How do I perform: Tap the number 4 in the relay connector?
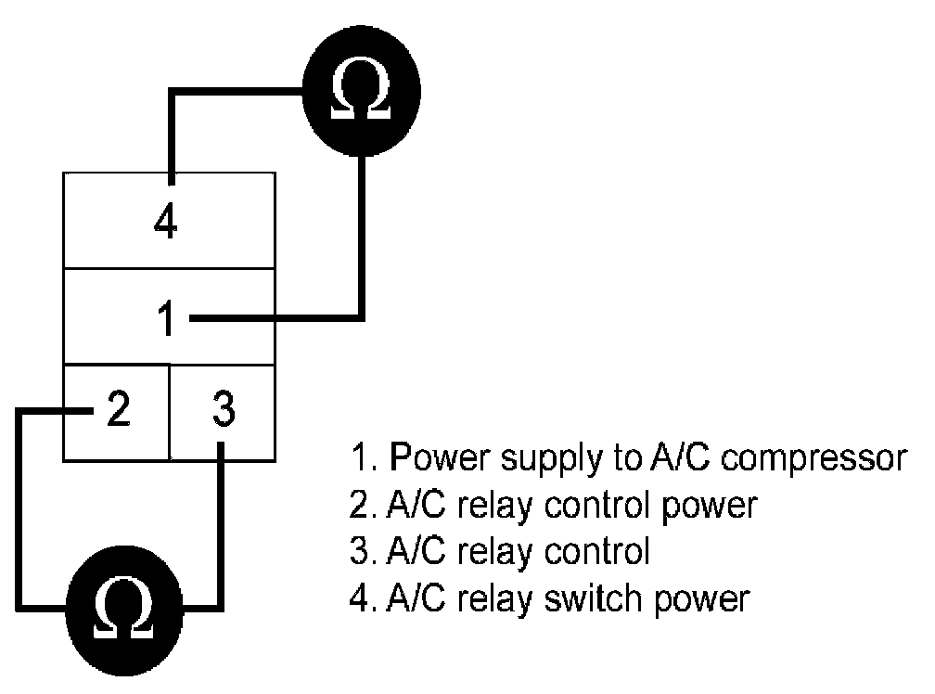click(166, 223)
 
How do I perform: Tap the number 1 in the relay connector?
click(166, 320)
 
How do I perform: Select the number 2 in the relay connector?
click(117, 409)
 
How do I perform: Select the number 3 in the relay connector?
click(223, 409)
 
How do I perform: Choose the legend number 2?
click(360, 506)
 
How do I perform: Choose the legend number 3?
click(360, 552)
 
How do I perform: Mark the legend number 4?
click(360, 598)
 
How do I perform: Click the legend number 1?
click(360, 458)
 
